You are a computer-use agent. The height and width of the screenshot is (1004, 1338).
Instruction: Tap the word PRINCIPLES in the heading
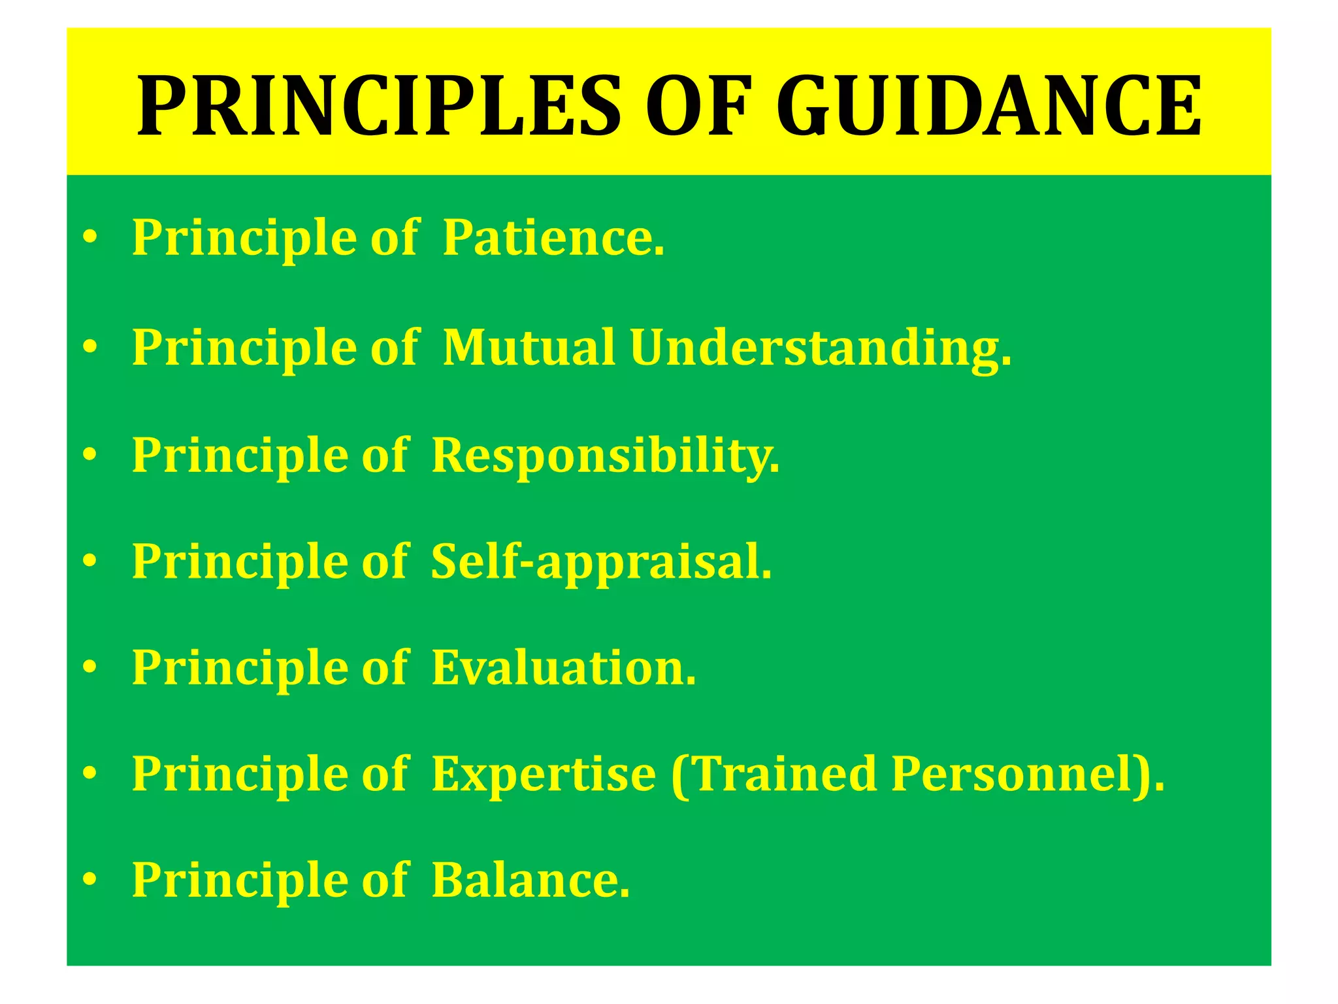click(x=379, y=106)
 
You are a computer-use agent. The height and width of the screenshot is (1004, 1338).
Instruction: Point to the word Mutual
click(x=529, y=347)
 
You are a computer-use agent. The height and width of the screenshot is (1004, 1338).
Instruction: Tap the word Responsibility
click(x=605, y=456)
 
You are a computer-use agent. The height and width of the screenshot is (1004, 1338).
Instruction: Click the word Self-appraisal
click(x=601, y=562)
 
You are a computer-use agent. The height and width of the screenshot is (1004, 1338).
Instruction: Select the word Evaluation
click(x=563, y=668)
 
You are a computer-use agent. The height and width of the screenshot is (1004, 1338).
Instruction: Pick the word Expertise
click(x=544, y=775)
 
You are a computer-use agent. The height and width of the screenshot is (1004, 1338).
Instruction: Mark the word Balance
click(x=530, y=880)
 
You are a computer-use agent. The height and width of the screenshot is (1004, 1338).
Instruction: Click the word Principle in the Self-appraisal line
click(x=240, y=562)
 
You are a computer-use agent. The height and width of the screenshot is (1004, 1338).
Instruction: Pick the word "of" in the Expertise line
click(x=385, y=774)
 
